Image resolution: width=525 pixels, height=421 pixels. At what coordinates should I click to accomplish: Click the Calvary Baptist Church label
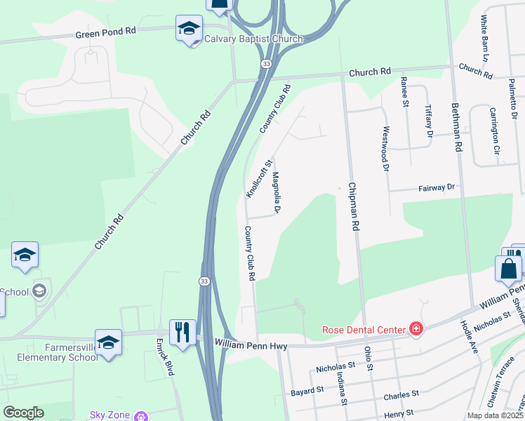click(253, 39)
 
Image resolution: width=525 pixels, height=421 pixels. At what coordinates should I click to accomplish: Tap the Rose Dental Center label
click(364, 329)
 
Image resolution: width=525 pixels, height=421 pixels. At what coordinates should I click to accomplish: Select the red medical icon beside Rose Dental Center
click(416, 328)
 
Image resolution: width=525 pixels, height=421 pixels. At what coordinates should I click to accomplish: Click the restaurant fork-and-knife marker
click(182, 331)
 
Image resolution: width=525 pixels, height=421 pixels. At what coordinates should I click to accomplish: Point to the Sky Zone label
click(109, 415)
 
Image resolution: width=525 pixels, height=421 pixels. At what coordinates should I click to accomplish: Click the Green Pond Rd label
click(106, 32)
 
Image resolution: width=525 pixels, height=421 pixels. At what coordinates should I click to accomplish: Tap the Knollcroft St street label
click(258, 178)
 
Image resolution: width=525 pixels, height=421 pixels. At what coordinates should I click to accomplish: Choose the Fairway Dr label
click(437, 187)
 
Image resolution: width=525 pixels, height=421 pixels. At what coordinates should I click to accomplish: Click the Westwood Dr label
click(385, 149)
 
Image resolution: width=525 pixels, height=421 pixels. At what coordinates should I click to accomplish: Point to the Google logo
click(24, 413)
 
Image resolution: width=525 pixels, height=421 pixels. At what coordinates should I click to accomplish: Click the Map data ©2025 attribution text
click(495, 415)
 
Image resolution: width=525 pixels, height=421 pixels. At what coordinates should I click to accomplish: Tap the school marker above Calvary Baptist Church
click(188, 29)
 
